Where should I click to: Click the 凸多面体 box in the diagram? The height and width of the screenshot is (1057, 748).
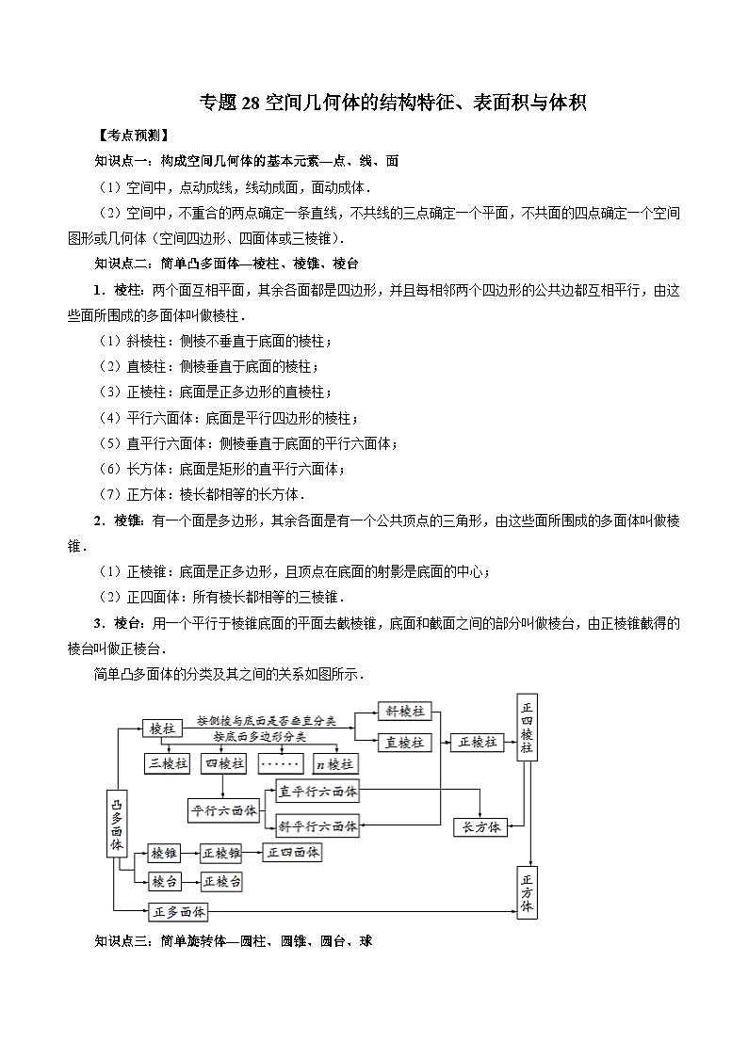point(117,822)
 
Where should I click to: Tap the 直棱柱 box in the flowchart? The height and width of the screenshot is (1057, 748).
point(404,742)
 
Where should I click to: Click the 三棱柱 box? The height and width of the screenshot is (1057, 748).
point(167,763)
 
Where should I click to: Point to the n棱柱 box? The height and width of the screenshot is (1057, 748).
point(334,763)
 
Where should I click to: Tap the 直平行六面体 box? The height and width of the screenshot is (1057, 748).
point(317,793)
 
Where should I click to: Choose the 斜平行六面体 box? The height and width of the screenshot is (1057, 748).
point(317,826)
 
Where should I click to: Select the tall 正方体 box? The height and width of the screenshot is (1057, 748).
point(527,891)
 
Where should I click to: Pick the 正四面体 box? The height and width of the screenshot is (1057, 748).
point(293,852)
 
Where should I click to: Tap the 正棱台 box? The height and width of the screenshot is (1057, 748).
point(221,882)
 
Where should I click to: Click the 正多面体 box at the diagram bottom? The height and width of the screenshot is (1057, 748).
point(177,911)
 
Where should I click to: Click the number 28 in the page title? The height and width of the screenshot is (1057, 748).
point(251,103)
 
